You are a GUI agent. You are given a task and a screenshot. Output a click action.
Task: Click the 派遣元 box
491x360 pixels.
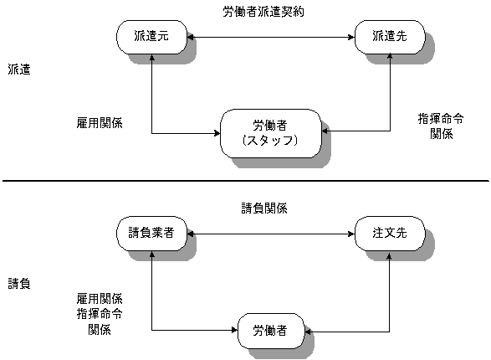(152, 37)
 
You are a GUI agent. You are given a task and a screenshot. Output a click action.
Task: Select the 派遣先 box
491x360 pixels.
(390, 37)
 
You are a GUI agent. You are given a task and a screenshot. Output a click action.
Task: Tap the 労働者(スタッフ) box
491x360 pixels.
(271, 133)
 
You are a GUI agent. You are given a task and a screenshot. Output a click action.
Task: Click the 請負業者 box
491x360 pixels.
(152, 233)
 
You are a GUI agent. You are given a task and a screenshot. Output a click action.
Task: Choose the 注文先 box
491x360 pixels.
(390, 233)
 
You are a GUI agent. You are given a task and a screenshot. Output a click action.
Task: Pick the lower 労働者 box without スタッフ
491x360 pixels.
(271, 331)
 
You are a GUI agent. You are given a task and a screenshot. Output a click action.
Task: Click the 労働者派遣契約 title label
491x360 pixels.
(263, 12)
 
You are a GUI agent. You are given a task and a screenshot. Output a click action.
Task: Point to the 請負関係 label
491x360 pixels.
(264, 208)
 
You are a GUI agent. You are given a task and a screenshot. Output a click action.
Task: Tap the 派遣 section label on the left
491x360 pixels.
(19, 69)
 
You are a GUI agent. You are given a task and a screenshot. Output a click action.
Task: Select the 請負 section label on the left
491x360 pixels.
(19, 284)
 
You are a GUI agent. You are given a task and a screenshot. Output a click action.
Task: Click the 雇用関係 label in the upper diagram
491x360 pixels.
(100, 123)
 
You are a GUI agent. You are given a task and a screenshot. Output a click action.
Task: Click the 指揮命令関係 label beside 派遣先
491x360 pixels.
(441, 126)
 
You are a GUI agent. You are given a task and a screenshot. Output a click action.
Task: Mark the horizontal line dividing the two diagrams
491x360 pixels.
(246, 181)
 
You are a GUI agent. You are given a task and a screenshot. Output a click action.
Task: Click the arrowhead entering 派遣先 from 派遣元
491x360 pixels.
(351, 38)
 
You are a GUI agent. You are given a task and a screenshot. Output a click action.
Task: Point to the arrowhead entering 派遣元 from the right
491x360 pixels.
(191, 38)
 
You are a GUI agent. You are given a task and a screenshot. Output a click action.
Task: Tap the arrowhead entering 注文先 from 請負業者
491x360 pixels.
(351, 234)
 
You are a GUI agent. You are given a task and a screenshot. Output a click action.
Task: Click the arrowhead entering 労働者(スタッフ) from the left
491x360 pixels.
(217, 133)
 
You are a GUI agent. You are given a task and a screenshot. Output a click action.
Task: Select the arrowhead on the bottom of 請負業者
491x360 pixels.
(152, 255)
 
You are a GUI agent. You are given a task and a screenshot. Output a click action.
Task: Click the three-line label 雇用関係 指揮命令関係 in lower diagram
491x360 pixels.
(100, 314)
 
